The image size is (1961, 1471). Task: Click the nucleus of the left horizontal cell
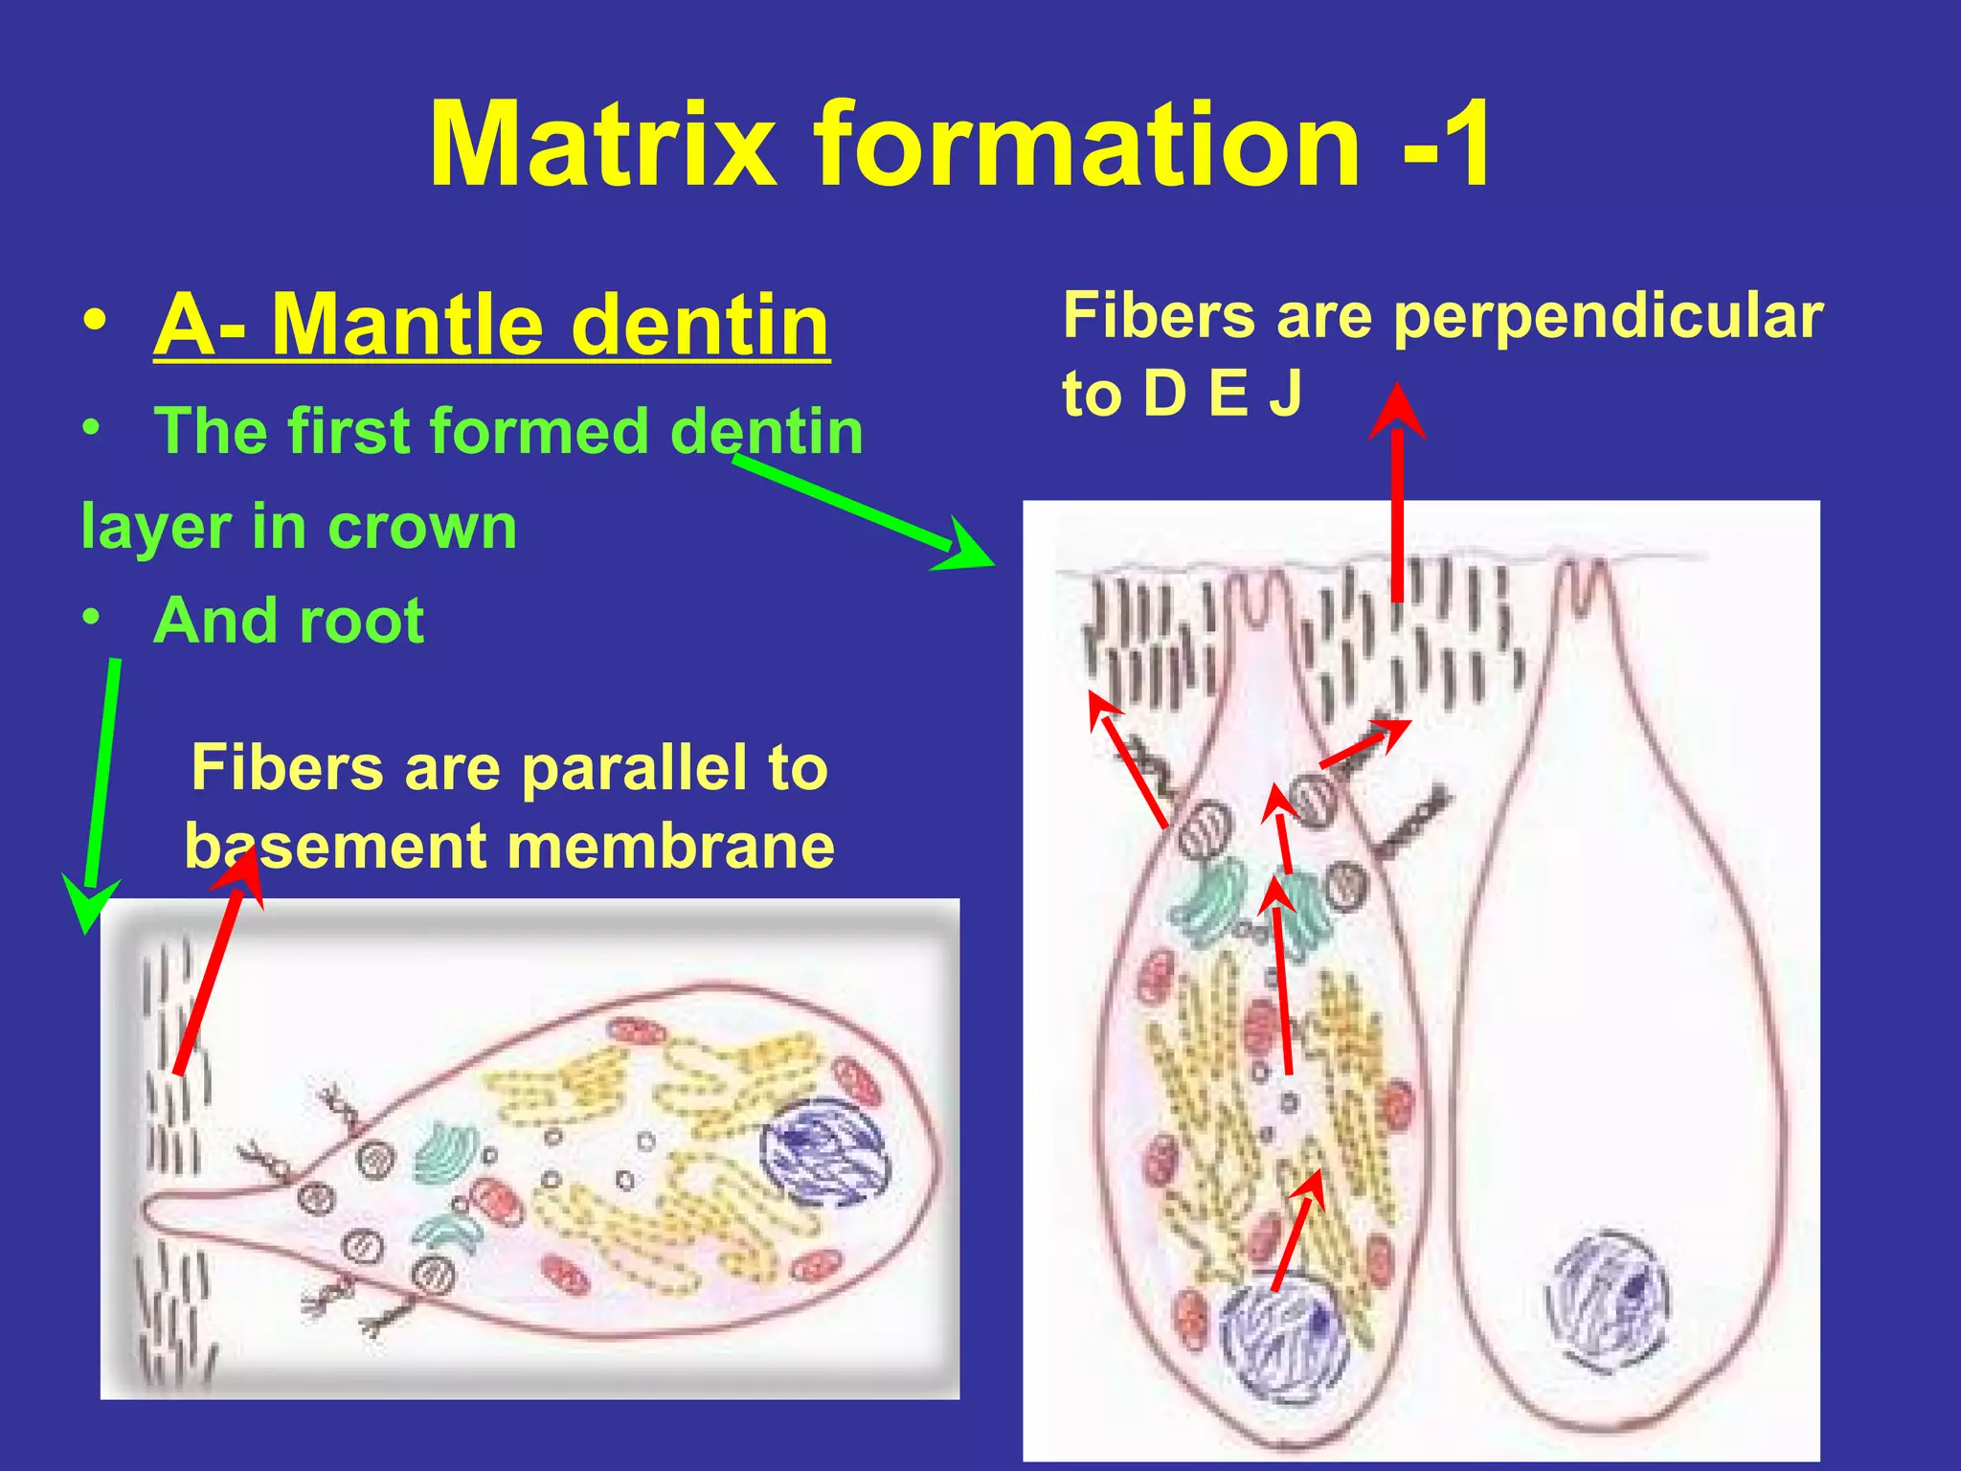click(x=823, y=1149)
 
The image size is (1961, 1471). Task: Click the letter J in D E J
click(x=1287, y=393)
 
